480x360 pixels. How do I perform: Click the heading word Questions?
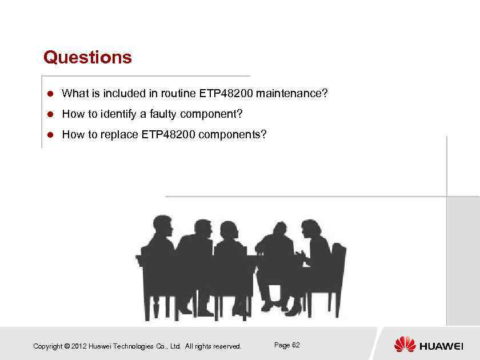[x=87, y=57]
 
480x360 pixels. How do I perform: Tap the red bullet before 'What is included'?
[x=50, y=93]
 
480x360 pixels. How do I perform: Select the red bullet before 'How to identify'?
[x=50, y=114]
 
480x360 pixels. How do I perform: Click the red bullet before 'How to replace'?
[x=50, y=135]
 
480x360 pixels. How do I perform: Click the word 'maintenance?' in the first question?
[x=292, y=93]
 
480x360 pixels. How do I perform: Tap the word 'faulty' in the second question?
[x=163, y=114]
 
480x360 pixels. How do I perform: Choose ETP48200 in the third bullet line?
[x=168, y=135]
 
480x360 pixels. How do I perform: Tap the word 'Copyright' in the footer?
[x=48, y=346]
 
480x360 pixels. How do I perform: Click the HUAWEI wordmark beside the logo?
[x=441, y=346]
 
